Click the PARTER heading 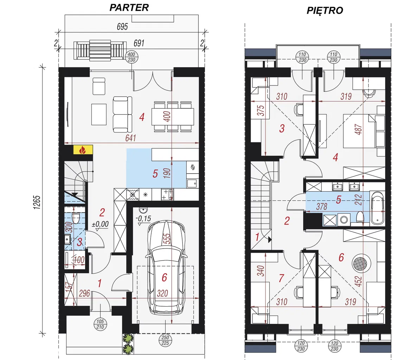pos(129,8)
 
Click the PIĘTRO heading pos(325,11)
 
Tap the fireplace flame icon pos(83,150)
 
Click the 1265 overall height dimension pos(37,202)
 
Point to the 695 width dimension pos(122,27)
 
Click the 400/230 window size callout pos(132,57)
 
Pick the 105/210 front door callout pos(100,324)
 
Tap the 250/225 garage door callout pos(165,340)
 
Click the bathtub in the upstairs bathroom pos(377,208)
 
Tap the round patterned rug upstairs pos(361,264)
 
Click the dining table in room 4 pos(173,117)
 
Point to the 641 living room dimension pos(131,138)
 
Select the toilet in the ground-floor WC pos(76,218)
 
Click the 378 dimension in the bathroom pos(322,207)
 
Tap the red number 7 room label pos(281,278)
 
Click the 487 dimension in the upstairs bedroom pos(359,129)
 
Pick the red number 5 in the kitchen pos(155,174)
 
